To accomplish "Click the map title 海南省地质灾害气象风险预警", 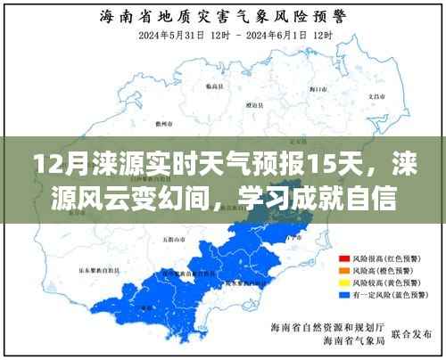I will [x=223, y=15].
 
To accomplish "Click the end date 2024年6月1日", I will [x=271, y=35].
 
